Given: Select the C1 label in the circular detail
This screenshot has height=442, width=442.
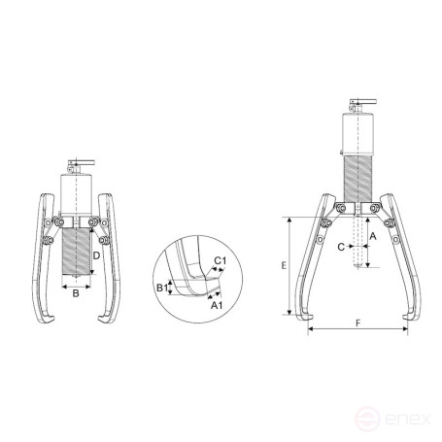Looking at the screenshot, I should (221, 261).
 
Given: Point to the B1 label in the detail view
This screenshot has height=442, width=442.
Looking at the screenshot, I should (161, 288).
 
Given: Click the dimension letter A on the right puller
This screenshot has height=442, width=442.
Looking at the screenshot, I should (372, 235).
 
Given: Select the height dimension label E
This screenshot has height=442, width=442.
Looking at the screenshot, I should (279, 264).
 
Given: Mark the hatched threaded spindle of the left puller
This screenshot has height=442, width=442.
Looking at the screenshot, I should (76, 248).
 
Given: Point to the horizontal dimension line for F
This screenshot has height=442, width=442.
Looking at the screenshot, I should (357, 329).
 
